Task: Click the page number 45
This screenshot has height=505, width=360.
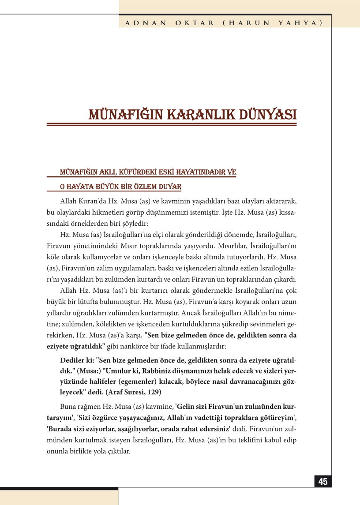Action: point(323,482)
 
